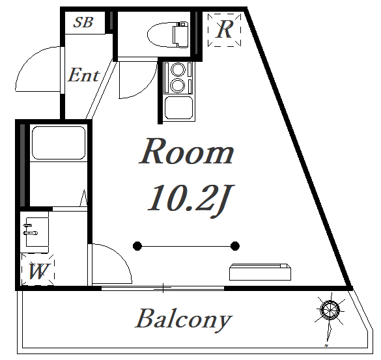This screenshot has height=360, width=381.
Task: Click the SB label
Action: pyautogui.click(x=83, y=22)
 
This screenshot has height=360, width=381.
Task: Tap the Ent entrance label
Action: pyautogui.click(x=83, y=75)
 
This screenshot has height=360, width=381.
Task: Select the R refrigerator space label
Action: pyautogui.click(x=225, y=30)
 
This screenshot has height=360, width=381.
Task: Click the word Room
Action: pyautogui.click(x=187, y=152)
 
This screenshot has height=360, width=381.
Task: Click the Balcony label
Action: pyautogui.click(x=183, y=319)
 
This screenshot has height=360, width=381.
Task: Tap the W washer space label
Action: pyautogui.click(x=38, y=271)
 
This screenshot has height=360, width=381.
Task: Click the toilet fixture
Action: pyautogui.click(x=167, y=35)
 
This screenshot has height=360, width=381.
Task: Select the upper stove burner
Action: pyautogui.click(x=178, y=70)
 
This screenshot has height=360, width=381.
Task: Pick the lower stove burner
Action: pyautogui.click(x=178, y=85)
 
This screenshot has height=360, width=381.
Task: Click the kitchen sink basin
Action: pyautogui.click(x=179, y=107)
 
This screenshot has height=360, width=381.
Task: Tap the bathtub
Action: pyautogui.click(x=59, y=143)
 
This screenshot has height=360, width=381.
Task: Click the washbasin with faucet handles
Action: pyautogui.click(x=37, y=232)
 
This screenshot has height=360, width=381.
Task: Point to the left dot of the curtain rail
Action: pyautogui.click(x=137, y=246)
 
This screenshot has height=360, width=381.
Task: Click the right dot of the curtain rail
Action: pyautogui.click(x=234, y=246)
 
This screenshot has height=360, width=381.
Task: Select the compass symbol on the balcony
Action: pyautogui.click(x=330, y=310)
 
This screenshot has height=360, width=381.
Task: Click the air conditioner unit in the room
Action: pyautogui.click(x=260, y=272)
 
